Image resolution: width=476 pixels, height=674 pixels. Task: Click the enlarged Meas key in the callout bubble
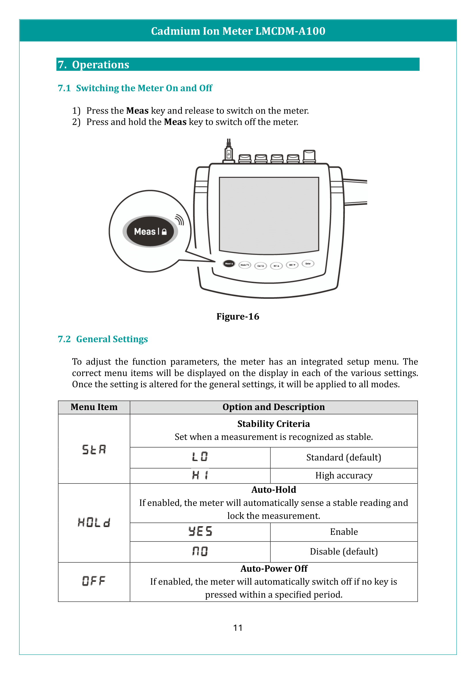click(150, 231)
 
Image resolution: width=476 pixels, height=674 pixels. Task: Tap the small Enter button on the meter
click(308, 264)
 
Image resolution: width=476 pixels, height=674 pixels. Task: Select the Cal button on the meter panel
click(260, 266)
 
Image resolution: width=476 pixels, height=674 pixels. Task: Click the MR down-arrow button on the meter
click(292, 265)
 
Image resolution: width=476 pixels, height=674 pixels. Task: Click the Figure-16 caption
click(238, 316)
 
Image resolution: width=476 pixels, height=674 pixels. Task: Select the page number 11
click(238, 628)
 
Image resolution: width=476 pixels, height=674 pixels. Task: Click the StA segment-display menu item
click(94, 450)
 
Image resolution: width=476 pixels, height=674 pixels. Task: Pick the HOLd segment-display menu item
click(94, 522)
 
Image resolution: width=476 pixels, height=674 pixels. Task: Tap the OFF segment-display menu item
click(94, 581)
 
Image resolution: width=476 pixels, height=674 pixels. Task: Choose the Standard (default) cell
click(344, 457)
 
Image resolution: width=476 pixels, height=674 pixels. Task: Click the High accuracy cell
click(344, 475)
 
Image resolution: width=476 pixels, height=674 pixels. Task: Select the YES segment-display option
click(200, 531)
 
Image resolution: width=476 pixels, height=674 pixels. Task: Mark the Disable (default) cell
click(344, 551)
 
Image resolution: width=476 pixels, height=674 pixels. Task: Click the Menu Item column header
click(94, 407)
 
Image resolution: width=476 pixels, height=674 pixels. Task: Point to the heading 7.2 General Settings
click(103, 339)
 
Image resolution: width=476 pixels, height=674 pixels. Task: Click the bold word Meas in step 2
click(175, 122)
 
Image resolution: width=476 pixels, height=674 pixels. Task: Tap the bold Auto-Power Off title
click(273, 569)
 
